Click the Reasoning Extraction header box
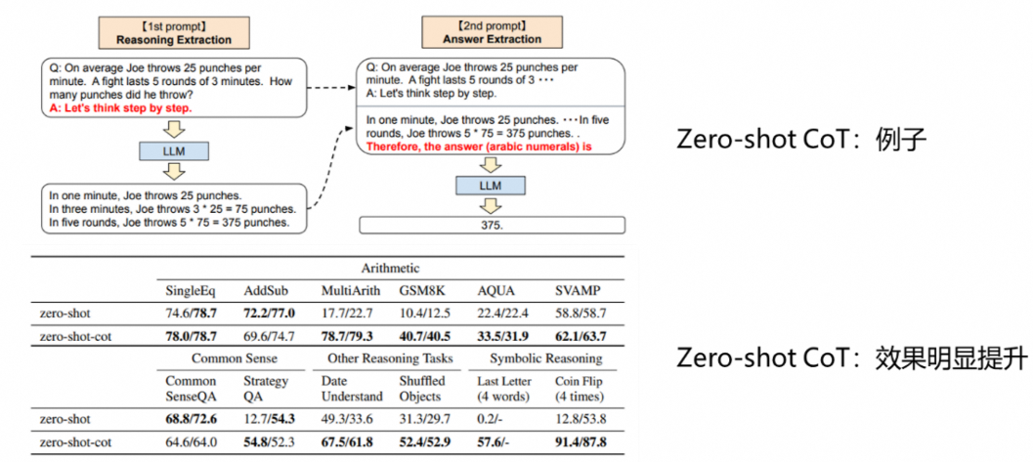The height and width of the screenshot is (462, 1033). [174, 33]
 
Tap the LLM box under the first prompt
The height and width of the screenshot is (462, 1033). [174, 150]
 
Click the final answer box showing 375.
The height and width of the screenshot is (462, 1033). [492, 226]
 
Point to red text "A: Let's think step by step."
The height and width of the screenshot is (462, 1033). [120, 108]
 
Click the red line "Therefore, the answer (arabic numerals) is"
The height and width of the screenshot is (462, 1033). [481, 147]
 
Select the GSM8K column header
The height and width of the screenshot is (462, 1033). [421, 290]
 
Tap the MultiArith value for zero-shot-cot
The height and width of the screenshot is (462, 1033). [345, 337]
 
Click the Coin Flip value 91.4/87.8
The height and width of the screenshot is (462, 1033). [580, 442]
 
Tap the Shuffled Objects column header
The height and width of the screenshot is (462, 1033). [421, 388]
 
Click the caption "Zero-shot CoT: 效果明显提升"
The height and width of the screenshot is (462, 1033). [851, 357]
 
